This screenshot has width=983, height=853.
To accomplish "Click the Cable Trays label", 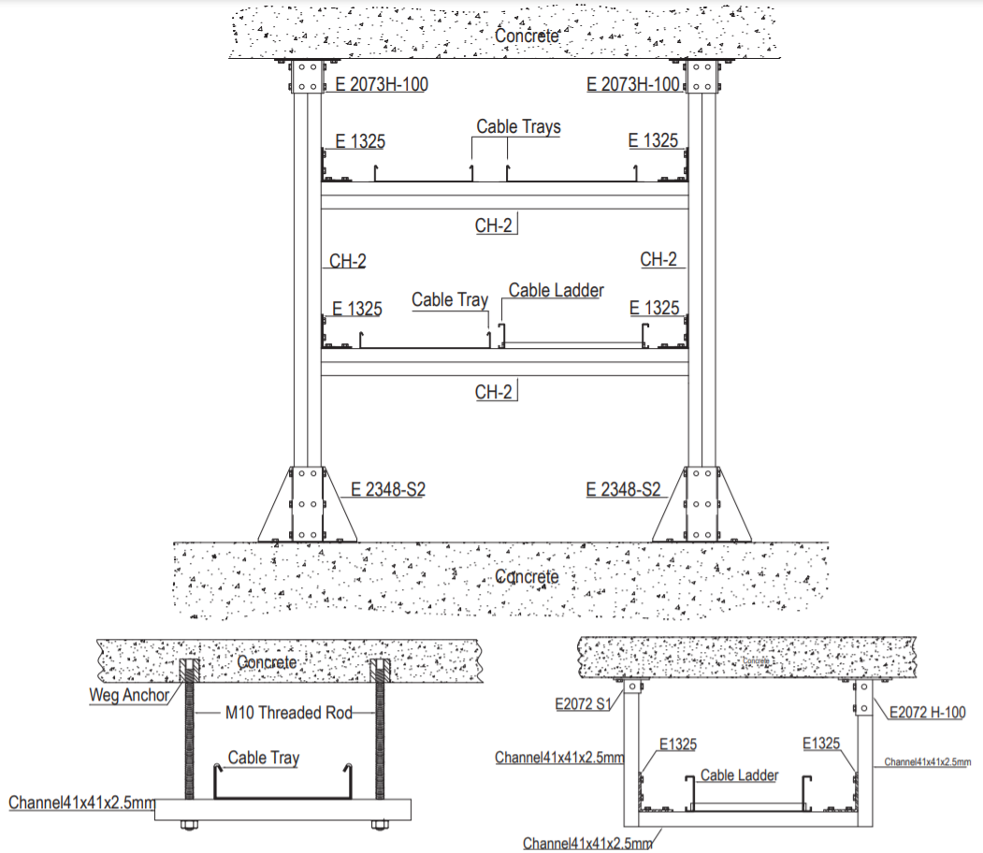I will (x=518, y=126).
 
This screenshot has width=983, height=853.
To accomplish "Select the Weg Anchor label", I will (x=129, y=695).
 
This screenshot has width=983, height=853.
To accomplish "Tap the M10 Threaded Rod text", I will (x=289, y=713).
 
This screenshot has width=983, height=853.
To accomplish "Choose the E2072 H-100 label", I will (x=927, y=713).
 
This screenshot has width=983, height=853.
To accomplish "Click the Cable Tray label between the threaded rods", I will (x=264, y=758).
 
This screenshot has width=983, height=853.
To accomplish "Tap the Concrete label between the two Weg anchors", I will (x=267, y=663).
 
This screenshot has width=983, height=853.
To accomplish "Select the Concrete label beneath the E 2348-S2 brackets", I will (x=527, y=576).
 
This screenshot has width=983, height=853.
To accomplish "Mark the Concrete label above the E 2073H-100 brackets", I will (x=527, y=36).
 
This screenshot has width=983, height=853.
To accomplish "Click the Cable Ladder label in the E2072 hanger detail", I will (x=739, y=775).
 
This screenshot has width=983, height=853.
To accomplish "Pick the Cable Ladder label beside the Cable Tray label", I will (x=556, y=291).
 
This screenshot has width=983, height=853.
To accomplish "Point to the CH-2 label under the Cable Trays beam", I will (x=494, y=225).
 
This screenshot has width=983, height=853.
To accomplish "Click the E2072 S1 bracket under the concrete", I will (x=632, y=688).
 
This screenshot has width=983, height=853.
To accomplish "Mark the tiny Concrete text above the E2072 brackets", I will (x=758, y=661).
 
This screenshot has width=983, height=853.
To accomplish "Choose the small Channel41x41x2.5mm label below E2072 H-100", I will (x=927, y=762).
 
